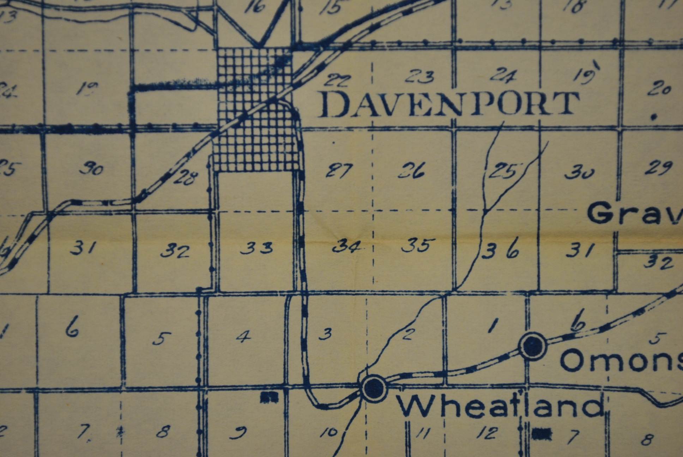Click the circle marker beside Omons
[x=532, y=346]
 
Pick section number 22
[x=338, y=80]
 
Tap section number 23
[x=420, y=77]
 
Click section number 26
[x=412, y=171]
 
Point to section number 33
[x=256, y=248]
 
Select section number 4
[x=243, y=336]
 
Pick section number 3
[x=325, y=334]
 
